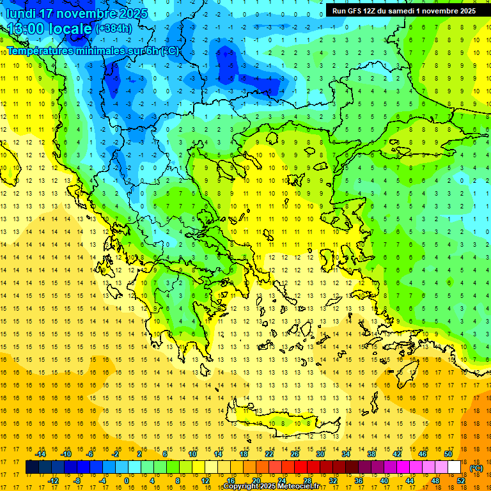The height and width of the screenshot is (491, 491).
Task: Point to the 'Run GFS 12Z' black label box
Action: point(403,11)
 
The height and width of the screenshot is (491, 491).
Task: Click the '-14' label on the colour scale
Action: point(40,454)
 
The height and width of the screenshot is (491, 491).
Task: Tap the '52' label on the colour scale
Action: point(461,480)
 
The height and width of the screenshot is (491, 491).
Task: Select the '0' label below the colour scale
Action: point(127,480)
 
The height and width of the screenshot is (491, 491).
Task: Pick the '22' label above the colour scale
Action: point(269,454)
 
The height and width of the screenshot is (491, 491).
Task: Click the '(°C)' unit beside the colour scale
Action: point(476,467)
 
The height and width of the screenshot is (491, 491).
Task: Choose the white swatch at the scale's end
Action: point(454,467)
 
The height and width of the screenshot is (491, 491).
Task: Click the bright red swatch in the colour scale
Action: point(300,467)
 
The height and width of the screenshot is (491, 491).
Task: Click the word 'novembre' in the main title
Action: point(87,13)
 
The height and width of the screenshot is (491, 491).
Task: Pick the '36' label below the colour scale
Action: point(359,480)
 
